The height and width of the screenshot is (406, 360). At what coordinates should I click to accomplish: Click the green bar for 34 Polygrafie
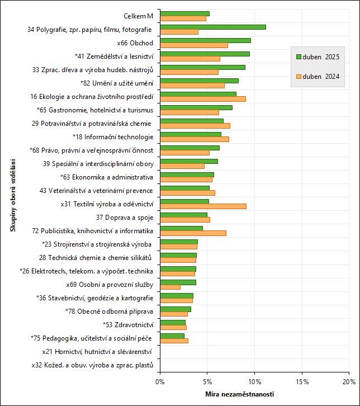[x=212, y=27]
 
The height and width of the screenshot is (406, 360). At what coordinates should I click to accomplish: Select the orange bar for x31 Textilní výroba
[x=203, y=206]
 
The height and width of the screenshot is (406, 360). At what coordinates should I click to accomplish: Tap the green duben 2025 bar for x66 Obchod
[x=205, y=40]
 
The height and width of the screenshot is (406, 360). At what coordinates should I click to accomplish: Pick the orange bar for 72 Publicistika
[x=193, y=233]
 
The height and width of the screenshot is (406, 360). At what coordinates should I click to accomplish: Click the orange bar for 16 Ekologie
[x=202, y=99]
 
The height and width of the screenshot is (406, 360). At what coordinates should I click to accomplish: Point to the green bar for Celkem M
[x=184, y=13]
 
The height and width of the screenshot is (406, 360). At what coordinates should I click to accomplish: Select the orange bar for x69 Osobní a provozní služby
[x=170, y=287]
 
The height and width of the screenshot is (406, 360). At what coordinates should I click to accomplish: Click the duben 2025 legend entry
[x=318, y=57]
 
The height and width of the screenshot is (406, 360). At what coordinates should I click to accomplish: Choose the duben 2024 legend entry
[x=318, y=76]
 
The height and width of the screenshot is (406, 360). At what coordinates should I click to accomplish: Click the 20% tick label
[x=349, y=381]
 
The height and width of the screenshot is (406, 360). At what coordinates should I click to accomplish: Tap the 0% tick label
[x=160, y=381]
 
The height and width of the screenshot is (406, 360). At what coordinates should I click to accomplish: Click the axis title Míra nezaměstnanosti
[x=240, y=395]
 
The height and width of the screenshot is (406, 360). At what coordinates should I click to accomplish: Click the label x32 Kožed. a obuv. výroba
[x=92, y=365]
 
